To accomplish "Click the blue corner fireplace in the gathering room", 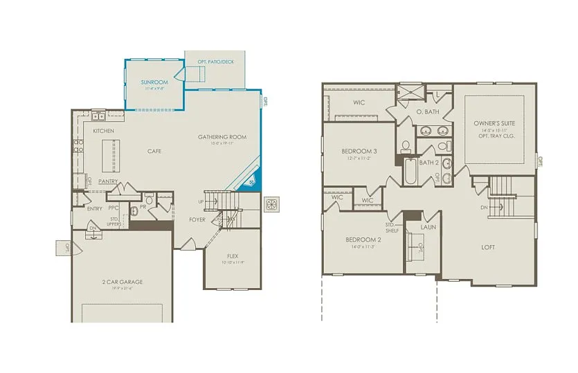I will tap(252, 181).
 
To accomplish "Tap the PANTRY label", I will tap(107, 181).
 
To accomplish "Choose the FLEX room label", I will tap(233, 255).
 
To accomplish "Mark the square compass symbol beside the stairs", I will tap(272, 205).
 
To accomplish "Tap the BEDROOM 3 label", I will tap(359, 151).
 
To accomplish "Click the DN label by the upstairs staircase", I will tap(484, 208).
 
